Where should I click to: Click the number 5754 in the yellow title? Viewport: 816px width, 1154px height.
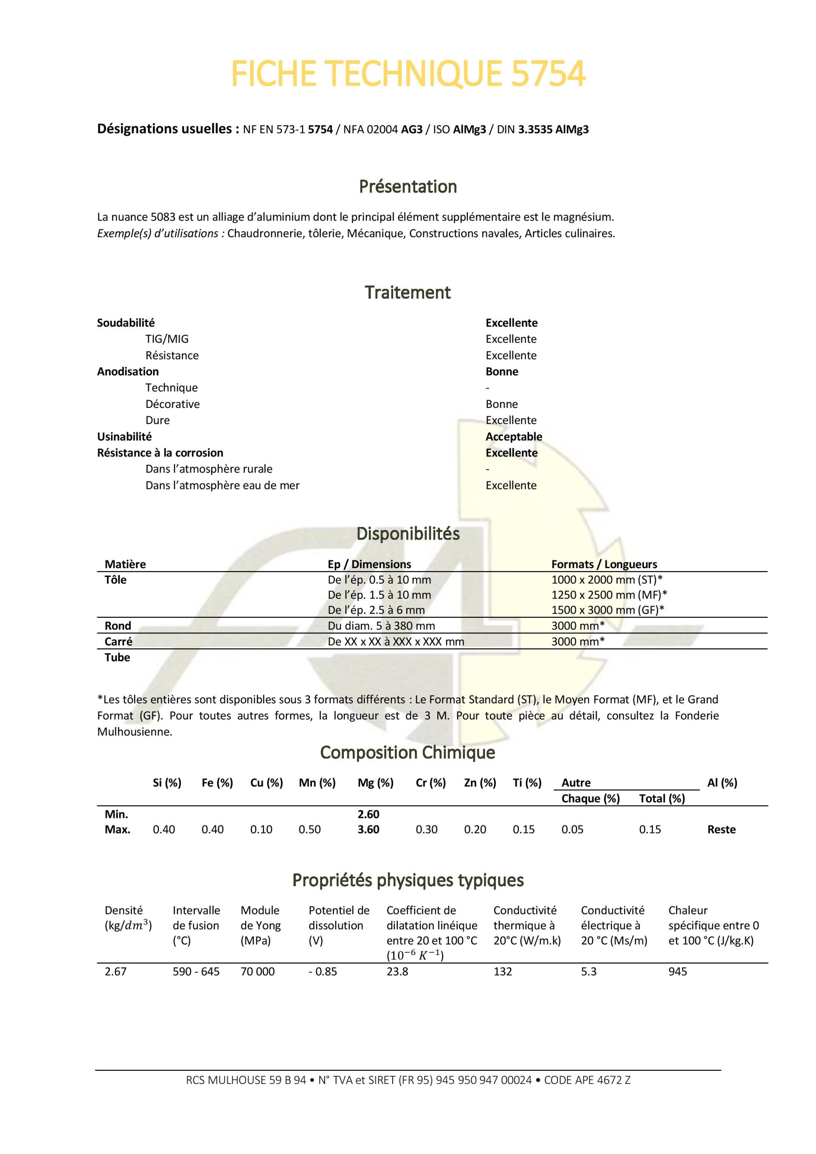(x=548, y=74)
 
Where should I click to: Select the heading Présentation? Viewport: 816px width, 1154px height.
(x=408, y=187)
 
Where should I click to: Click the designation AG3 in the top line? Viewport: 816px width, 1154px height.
(x=411, y=130)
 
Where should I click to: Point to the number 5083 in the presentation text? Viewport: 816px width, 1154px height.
(x=163, y=217)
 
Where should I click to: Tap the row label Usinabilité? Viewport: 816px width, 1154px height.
(x=124, y=436)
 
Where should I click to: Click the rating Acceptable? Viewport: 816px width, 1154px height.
(x=513, y=436)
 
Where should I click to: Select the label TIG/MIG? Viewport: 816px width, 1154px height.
(x=167, y=339)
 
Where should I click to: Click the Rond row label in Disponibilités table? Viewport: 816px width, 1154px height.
(x=118, y=626)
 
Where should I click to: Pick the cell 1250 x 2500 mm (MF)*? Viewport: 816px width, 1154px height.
(x=609, y=594)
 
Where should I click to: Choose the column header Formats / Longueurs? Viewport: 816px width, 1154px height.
(x=604, y=564)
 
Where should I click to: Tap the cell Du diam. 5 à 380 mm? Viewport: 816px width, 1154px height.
(x=381, y=626)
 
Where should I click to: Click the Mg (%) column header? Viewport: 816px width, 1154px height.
(x=375, y=783)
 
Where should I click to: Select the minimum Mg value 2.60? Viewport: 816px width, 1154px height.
(x=368, y=814)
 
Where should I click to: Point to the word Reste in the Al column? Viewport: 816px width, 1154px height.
(x=721, y=829)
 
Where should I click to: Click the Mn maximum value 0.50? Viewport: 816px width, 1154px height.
(x=309, y=829)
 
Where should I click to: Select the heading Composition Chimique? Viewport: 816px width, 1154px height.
(x=407, y=752)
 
